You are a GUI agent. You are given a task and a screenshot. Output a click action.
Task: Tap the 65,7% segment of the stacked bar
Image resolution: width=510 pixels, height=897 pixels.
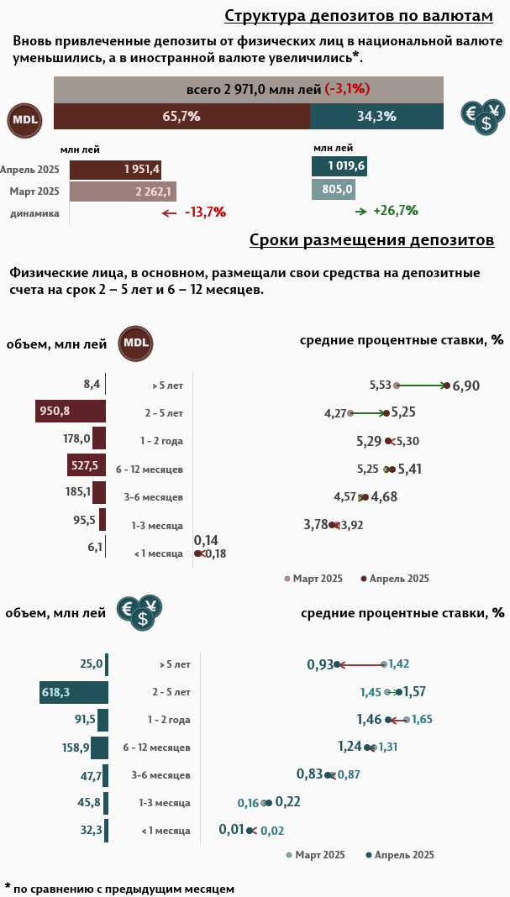181,117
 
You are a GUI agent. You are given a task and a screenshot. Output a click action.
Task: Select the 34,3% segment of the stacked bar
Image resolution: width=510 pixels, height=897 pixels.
376,117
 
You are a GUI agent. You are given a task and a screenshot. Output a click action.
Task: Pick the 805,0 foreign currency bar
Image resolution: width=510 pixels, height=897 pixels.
334,190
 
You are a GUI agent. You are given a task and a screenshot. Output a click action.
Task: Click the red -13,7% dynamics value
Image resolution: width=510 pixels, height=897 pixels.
205,212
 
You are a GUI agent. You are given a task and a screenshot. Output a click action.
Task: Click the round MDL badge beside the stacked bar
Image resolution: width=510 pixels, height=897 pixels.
24,121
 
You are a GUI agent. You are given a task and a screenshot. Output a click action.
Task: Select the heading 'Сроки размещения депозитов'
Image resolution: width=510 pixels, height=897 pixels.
371,241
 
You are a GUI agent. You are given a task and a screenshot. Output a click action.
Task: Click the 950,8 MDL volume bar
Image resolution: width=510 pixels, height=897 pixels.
71,411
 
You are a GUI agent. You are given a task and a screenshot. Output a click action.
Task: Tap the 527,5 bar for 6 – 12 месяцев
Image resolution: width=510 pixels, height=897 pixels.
87,465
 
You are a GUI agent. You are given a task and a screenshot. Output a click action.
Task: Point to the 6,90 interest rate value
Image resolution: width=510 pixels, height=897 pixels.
466,386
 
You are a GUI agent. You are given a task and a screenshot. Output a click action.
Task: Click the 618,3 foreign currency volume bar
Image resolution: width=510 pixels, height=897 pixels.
74,692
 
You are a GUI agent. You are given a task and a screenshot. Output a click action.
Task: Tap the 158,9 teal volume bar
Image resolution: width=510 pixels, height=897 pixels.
99,747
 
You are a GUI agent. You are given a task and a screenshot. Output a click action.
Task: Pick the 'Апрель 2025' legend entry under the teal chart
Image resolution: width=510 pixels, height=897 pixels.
404,855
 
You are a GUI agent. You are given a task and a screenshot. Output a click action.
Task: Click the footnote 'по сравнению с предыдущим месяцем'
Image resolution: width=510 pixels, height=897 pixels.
124,888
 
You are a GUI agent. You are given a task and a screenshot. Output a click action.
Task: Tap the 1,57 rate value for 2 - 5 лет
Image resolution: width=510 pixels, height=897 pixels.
415,692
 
